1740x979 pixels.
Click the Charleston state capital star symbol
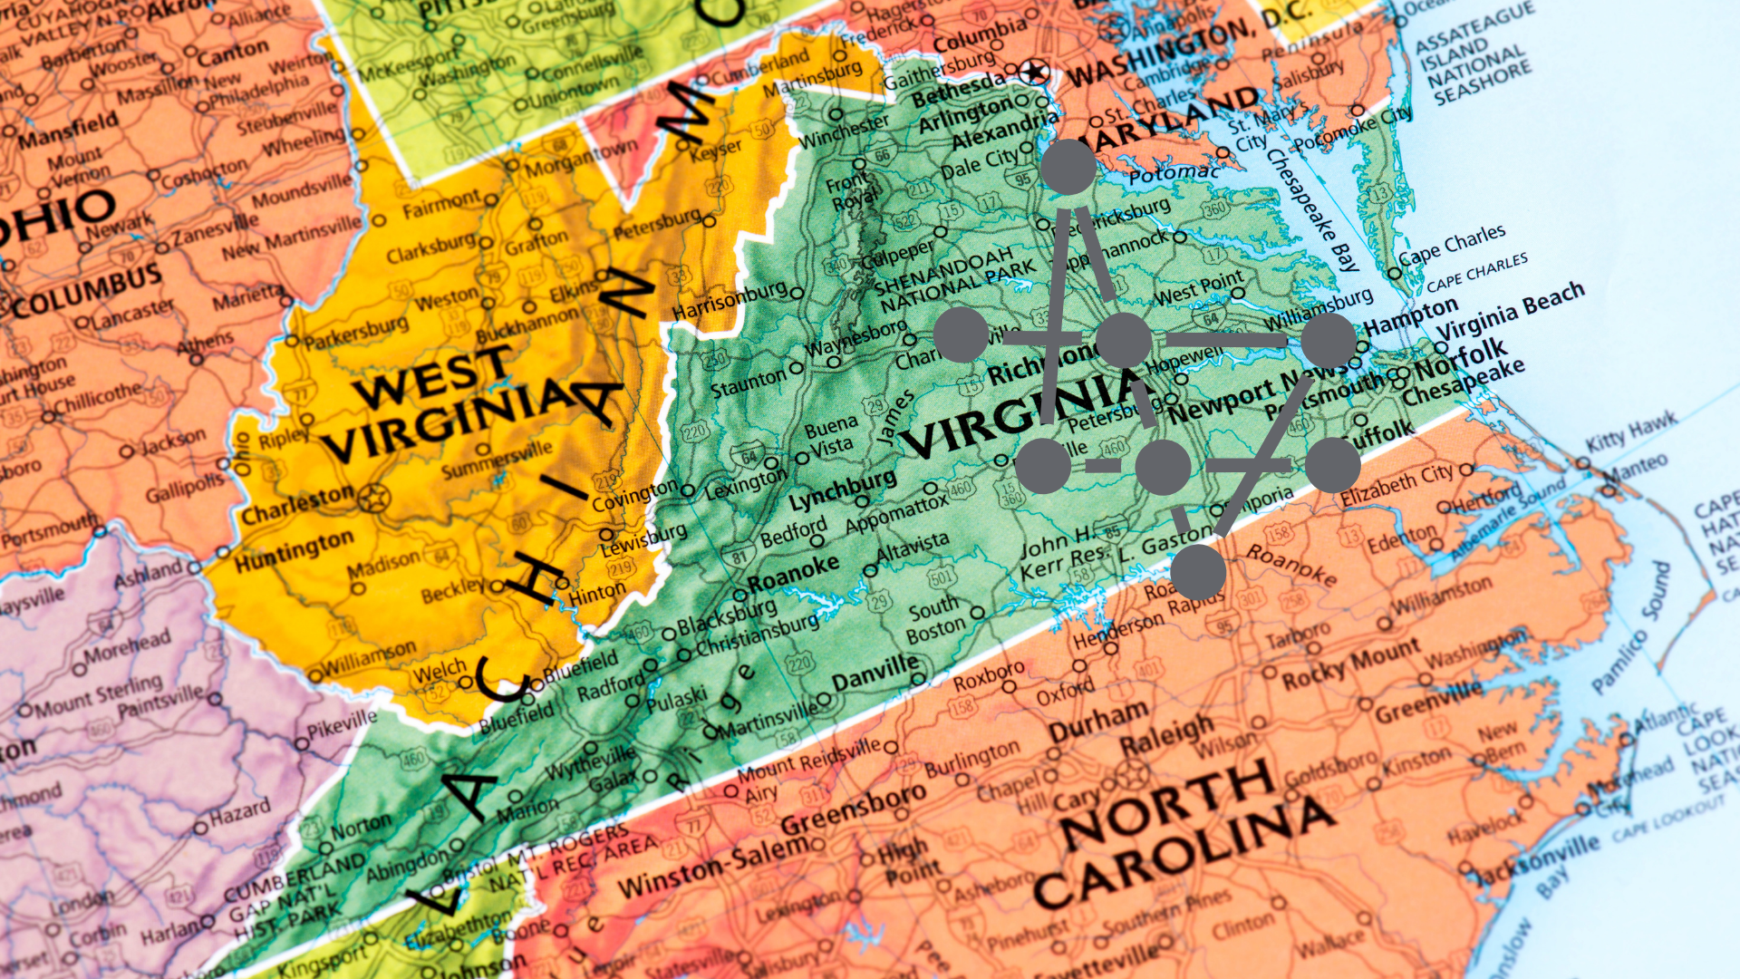(372, 498)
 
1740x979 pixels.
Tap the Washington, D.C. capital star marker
(1034, 71)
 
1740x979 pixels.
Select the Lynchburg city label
(842, 490)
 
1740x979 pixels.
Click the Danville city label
(875, 674)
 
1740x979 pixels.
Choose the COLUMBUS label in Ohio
(86, 290)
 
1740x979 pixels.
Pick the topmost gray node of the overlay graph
(1068, 167)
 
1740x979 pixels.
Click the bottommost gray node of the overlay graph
(1198, 572)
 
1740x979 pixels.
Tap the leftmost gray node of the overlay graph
(961, 334)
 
